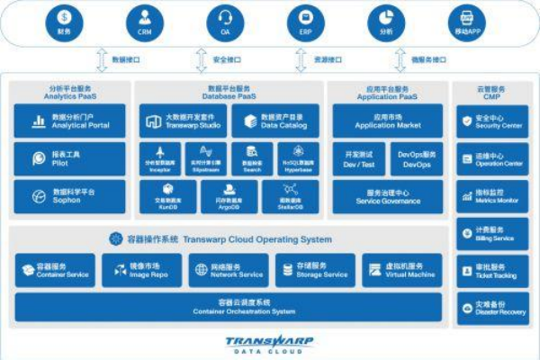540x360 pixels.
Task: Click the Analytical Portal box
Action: [69, 121]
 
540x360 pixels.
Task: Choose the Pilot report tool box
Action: [69, 158]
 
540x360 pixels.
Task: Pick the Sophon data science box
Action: [69, 195]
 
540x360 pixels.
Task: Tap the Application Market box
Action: [387, 121]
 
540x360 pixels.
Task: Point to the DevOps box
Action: [417, 159]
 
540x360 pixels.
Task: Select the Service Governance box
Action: [387, 197]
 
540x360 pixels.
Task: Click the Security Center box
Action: [492, 121]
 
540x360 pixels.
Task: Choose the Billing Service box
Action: [492, 235]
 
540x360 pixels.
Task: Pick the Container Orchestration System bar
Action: [229, 307]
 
